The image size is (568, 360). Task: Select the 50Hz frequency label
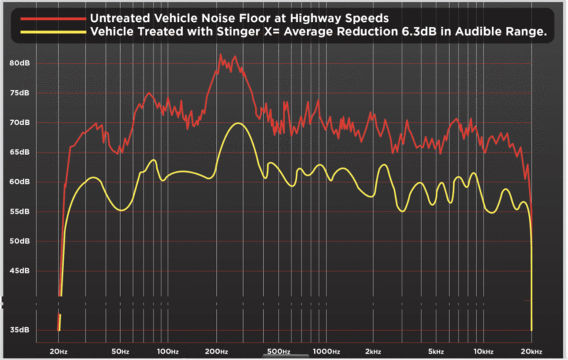pos(121,351)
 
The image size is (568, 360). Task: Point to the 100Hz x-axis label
pos(168,351)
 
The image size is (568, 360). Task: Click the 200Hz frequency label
pos(217,351)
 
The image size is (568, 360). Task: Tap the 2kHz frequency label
pos(373,351)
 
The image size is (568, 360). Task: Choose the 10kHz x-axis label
pos(483,351)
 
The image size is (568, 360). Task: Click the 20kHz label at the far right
pos(531,351)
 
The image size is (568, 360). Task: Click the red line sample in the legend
pos(53,18)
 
